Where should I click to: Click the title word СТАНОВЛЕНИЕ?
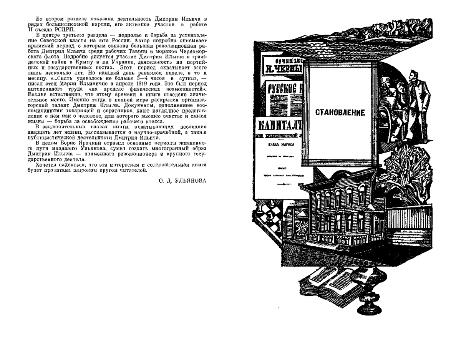click(340, 113)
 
